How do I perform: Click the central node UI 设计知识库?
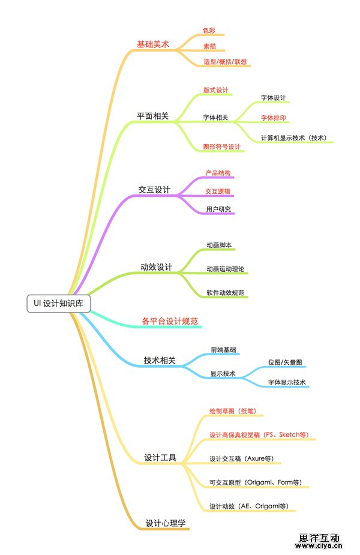[59, 304]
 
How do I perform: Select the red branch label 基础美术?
[153, 44]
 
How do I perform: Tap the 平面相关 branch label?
[153, 116]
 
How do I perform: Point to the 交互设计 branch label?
[154, 190]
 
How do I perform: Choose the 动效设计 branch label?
[156, 266]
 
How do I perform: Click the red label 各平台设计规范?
[169, 321]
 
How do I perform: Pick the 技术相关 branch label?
[160, 360]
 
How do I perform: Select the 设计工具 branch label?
[160, 458]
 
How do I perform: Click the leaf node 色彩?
[209, 30]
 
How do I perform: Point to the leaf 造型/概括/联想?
[225, 62]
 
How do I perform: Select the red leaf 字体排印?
[273, 118]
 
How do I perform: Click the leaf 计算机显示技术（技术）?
[293, 137]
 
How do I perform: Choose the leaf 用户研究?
[218, 209]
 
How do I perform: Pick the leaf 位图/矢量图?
[285, 363]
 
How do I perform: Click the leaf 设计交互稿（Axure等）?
[241, 458]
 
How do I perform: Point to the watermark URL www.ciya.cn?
[319, 546]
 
